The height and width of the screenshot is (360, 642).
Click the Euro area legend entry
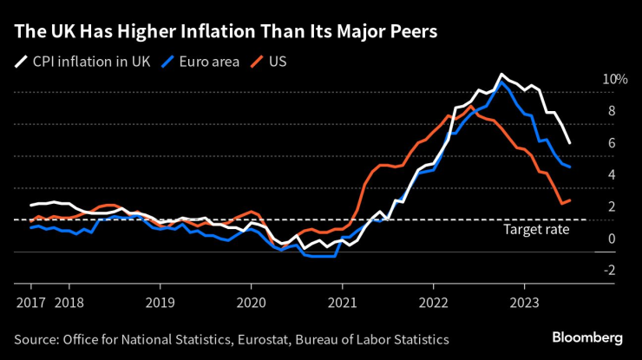pyautogui.click(x=208, y=62)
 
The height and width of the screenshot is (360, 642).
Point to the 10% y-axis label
pyautogui.click(x=615, y=79)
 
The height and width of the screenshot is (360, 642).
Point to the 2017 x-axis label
pyautogui.click(x=30, y=304)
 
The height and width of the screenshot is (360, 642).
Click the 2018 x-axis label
pyautogui.click(x=69, y=304)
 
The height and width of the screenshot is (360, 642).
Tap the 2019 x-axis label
pyautogui.click(x=160, y=304)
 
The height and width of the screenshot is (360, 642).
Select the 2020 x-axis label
pyautogui.click(x=252, y=304)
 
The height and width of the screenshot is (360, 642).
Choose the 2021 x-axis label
pyautogui.click(x=343, y=304)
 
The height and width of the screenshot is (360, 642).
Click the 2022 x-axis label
pyautogui.click(x=434, y=304)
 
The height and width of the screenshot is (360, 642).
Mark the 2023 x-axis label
pyautogui.click(x=525, y=304)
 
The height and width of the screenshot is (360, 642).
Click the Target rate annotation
pyautogui.click(x=536, y=230)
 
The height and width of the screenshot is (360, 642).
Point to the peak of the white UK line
pyautogui.click(x=501, y=75)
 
